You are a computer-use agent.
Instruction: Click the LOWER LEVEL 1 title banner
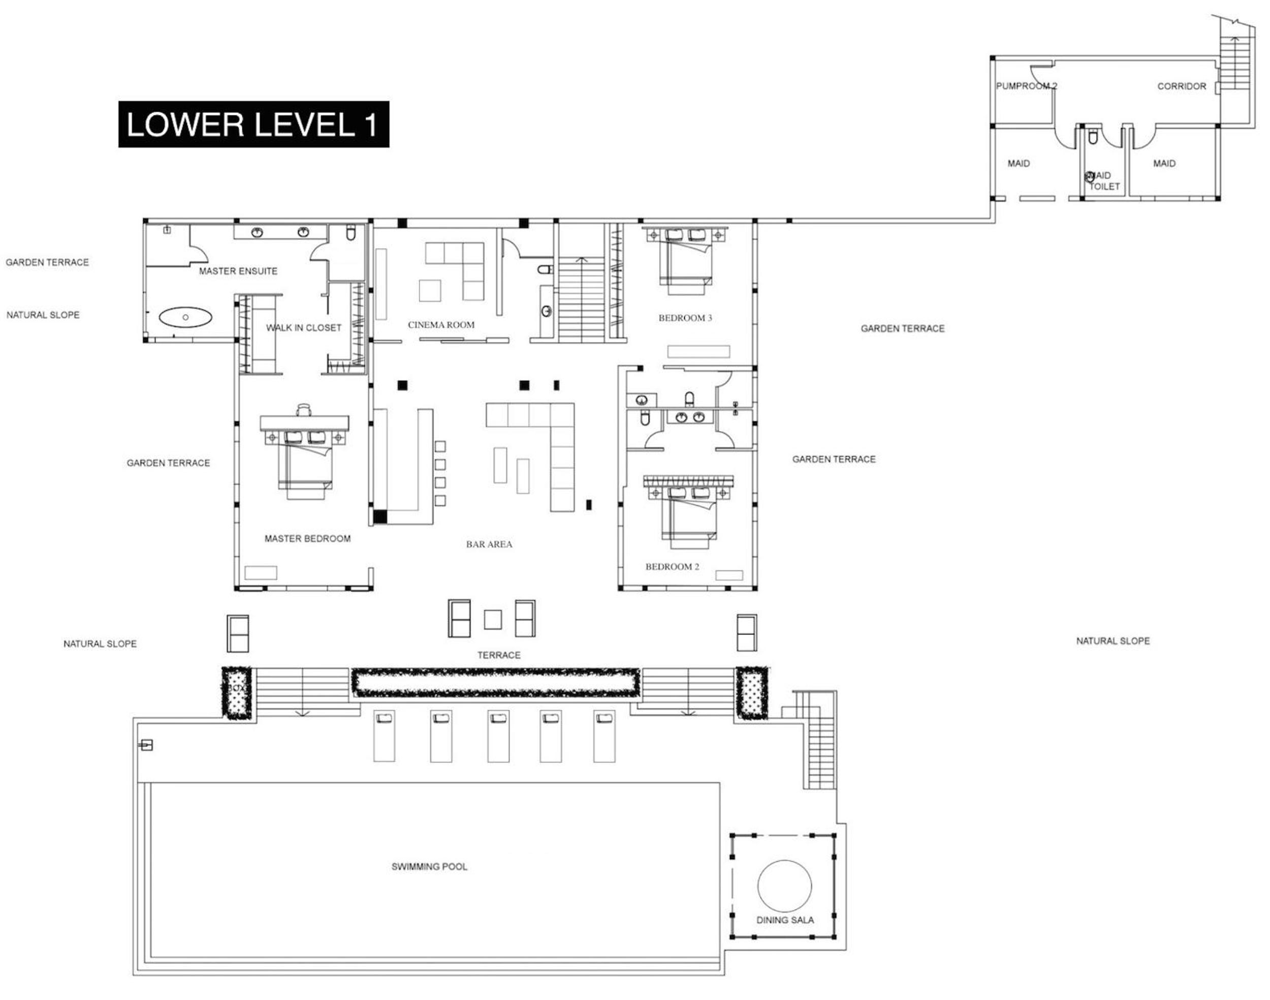coord(253,124)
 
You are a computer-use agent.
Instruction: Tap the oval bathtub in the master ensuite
coord(185,317)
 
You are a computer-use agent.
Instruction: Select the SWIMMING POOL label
coord(429,866)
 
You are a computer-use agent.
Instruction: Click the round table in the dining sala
coord(784,886)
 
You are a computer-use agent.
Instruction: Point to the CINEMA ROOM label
coord(441,325)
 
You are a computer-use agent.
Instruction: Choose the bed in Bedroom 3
coord(686,260)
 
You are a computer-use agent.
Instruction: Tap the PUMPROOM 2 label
coord(1027,86)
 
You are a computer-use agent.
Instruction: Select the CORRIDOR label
coord(1182,86)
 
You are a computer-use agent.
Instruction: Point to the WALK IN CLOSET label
coord(304,328)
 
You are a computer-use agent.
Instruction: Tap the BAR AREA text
coord(489,544)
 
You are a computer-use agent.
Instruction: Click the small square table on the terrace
coord(493,619)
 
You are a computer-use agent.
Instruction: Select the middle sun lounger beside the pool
coord(498,736)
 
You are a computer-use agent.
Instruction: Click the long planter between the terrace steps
coord(495,683)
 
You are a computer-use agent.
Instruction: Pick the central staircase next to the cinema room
coord(582,298)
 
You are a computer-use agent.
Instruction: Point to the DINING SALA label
coord(785,920)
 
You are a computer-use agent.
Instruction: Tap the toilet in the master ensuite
coord(351,233)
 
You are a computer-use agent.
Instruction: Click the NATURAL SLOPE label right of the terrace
coord(1113,641)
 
